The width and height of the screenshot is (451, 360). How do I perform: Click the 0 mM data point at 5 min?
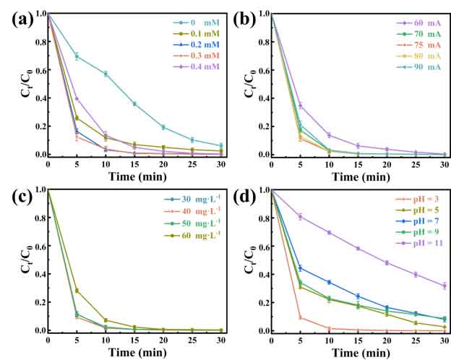pos(76,56)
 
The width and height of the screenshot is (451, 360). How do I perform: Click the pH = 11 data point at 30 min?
pos(443,286)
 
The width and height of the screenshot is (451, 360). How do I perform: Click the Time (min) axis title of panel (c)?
pos(134,352)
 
